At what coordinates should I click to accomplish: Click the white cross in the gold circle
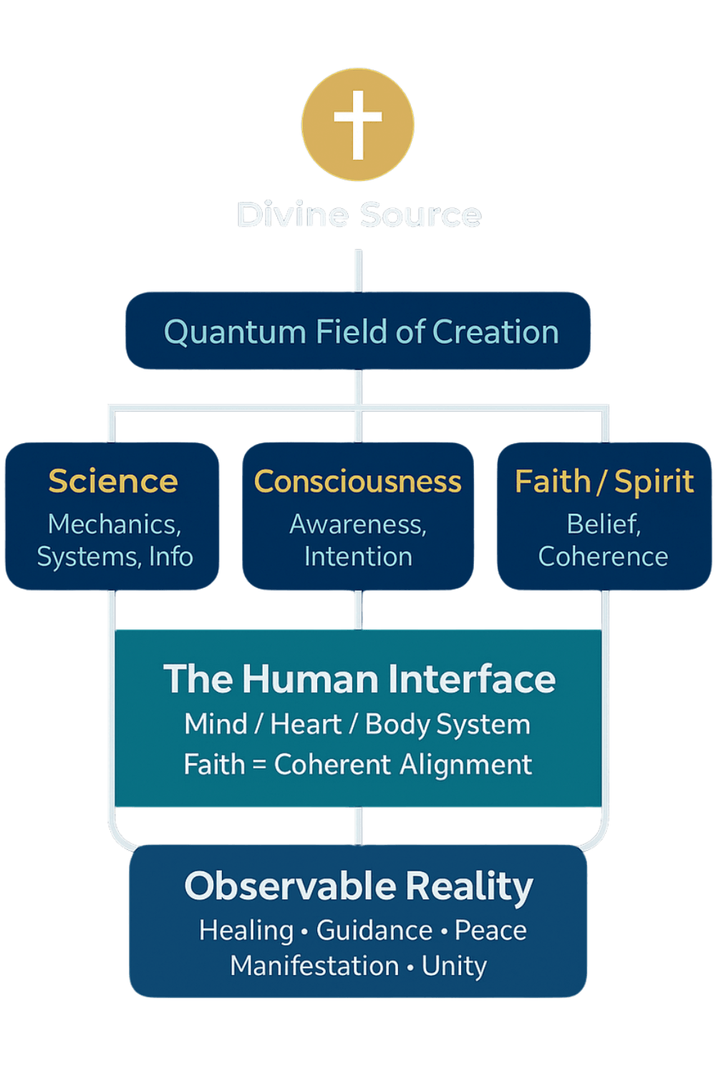click(358, 124)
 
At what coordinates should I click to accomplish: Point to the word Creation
click(495, 332)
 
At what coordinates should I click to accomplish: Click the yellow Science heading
click(113, 481)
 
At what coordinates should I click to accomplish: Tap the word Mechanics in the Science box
click(114, 524)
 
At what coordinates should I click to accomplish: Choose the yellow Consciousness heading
click(357, 481)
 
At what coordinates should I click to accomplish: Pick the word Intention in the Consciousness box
click(358, 557)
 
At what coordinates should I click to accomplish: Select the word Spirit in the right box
click(654, 481)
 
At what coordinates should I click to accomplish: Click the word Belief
click(603, 524)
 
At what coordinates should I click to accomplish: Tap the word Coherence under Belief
click(603, 557)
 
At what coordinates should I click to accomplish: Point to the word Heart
click(306, 725)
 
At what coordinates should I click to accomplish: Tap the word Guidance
click(374, 931)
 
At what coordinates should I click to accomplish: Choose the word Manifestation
click(314, 967)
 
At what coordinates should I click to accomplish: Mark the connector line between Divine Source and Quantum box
click(358, 270)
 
